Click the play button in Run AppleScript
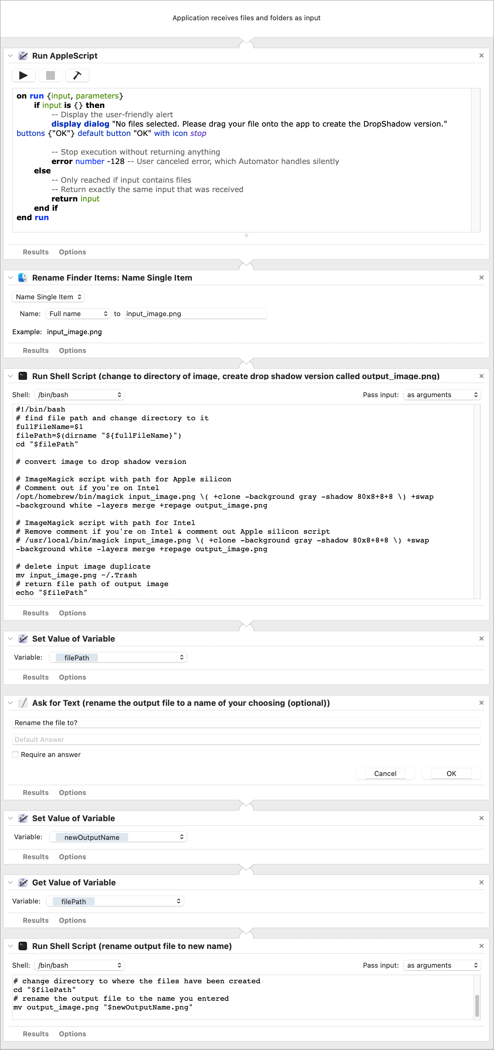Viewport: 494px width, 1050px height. click(24, 75)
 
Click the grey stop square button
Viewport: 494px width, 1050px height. click(51, 75)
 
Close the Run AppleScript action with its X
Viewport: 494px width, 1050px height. click(481, 55)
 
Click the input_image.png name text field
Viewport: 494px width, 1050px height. click(195, 313)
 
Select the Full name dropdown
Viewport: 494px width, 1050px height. click(78, 313)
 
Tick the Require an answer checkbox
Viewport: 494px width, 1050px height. click(16, 754)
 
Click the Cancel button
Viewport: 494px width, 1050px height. click(385, 773)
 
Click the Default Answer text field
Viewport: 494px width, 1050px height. click(246, 739)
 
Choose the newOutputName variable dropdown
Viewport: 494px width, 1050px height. click(118, 837)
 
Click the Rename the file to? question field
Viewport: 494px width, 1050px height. click(246, 723)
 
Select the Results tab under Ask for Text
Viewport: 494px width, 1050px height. click(36, 792)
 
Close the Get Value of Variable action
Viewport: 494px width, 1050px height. click(481, 882)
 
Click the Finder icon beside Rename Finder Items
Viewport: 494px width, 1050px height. click(23, 277)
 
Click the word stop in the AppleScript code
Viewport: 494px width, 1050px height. click(198, 133)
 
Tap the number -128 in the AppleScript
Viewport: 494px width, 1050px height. click(116, 161)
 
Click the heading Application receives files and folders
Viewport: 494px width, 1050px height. click(246, 18)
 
